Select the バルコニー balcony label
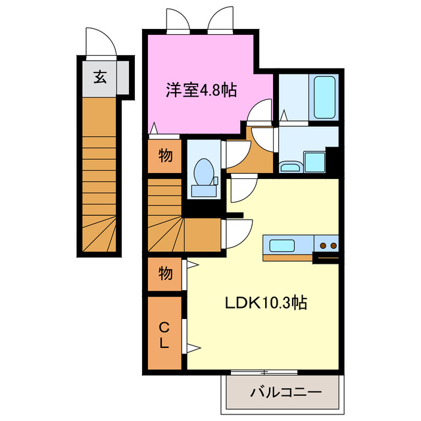click(285, 393)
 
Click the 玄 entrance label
click(99, 78)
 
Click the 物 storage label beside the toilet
click(165, 157)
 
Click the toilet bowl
click(205, 172)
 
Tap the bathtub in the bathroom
click(324, 97)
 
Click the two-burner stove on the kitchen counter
click(327, 245)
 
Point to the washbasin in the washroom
click(289, 166)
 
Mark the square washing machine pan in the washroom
click(314, 161)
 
